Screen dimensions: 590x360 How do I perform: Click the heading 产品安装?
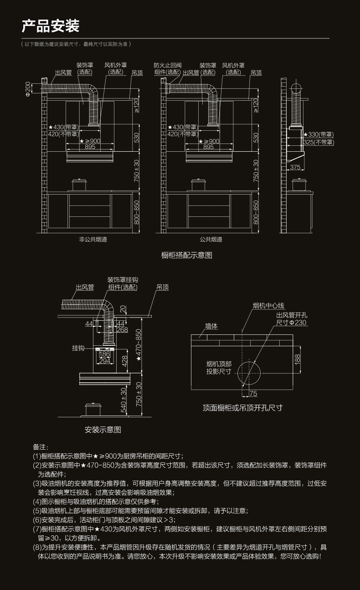point(51,26)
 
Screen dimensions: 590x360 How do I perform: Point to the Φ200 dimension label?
point(28,89)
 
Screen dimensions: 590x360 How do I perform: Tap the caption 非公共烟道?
point(90,239)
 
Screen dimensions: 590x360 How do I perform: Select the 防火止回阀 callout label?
point(167,68)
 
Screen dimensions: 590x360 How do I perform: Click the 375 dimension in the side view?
point(295,167)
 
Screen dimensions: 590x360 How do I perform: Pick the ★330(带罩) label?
point(319,134)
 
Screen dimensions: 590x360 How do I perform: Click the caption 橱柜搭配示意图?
point(187,255)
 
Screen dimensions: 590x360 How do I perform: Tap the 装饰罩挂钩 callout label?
point(123,283)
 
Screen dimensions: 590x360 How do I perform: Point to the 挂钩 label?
point(78,348)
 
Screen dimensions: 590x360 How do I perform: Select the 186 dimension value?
point(104,354)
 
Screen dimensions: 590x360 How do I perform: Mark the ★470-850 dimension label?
point(139,345)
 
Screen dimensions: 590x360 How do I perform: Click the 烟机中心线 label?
point(268,306)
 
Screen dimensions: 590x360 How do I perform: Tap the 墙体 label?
point(211,326)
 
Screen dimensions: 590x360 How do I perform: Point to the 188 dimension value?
point(298,359)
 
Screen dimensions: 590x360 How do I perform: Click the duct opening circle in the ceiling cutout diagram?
point(249,372)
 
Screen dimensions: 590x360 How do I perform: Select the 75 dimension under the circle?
point(253,393)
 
